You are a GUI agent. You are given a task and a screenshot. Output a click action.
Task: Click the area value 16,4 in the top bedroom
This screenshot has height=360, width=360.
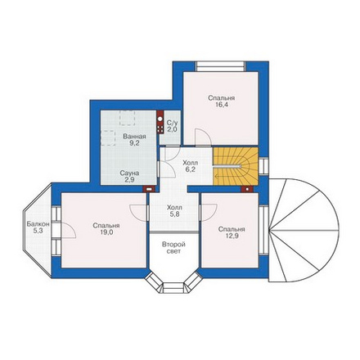[x=222, y=105]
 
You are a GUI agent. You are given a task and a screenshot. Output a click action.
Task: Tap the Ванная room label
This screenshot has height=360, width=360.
[x=134, y=137]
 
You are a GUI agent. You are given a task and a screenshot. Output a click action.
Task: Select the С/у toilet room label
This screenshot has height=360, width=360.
[x=172, y=123]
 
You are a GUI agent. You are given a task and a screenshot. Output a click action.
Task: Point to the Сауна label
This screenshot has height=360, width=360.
[x=129, y=173]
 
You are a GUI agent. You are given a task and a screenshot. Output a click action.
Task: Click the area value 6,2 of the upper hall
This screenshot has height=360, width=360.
[x=191, y=169]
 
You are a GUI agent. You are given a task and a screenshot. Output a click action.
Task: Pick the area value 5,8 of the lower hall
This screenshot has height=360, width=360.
[x=174, y=214]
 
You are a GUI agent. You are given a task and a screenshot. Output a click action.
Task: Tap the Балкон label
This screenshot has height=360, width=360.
[x=38, y=224]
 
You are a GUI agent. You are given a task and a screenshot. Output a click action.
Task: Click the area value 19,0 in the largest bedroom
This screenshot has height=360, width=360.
[x=106, y=232]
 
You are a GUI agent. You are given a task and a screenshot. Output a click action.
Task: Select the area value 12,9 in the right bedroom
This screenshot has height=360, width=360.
[x=232, y=236]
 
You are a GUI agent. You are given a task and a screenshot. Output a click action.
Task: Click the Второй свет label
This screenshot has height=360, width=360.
[x=173, y=247]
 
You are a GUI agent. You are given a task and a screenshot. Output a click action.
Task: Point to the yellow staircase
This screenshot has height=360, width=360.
[x=236, y=166]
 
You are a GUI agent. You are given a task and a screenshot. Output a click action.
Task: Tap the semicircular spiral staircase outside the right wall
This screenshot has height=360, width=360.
[x=304, y=230]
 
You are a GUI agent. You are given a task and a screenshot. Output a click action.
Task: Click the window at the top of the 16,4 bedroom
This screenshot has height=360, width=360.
[x=221, y=66]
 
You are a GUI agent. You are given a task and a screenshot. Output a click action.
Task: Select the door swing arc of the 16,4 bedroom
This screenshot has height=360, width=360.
[x=203, y=137]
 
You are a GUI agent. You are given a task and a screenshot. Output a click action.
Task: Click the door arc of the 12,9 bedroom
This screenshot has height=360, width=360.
[x=209, y=212]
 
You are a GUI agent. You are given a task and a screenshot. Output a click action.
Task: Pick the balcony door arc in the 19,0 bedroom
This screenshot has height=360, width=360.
[x=68, y=230]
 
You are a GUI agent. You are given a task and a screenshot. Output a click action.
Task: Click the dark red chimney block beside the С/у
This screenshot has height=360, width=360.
[x=160, y=122]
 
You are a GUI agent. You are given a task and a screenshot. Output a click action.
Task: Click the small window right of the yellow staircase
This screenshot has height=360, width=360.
[x=263, y=166]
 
